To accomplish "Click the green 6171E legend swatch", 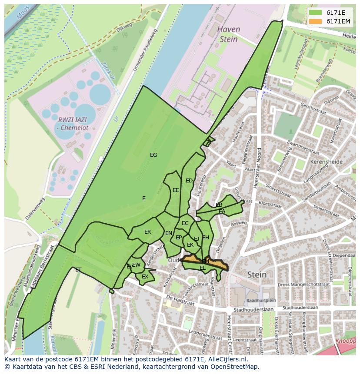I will coord(315,13).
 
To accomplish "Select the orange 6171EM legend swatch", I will coord(315,21).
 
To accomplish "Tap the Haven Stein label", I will coord(228,34).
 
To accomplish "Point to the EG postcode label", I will coord(153,155).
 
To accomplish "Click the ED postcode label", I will coord(189,181).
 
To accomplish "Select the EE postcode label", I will coord(176,190).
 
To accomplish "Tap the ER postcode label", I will coord(148,232).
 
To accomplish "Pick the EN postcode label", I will coord(169,233).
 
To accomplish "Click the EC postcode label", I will coord(185,223).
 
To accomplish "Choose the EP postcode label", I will coord(179,238).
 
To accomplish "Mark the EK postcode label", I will coord(190,245).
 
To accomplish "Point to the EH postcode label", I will coord(206,238).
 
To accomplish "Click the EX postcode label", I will coord(145,277).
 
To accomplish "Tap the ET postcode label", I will coord(78,270).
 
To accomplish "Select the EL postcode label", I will coord(203,268).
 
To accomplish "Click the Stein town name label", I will coord(257,275).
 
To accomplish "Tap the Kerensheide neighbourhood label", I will coord(327,162).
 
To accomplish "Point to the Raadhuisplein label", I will coord(261,300).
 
